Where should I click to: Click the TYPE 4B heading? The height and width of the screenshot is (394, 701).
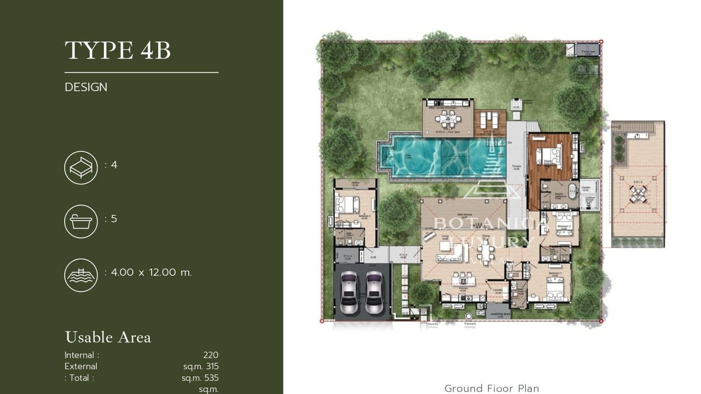(118, 51)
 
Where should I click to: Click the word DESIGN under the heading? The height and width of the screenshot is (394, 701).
(86, 87)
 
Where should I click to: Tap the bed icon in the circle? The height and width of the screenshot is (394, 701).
(81, 168)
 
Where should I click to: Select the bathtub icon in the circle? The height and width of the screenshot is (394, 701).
(81, 222)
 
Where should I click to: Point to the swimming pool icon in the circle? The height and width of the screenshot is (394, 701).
(81, 275)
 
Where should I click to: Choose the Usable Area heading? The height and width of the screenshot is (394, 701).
(108, 338)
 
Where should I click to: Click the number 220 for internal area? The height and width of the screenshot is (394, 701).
(211, 355)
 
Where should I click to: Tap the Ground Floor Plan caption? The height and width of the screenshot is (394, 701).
(492, 388)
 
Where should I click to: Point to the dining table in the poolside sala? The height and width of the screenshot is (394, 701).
(448, 119)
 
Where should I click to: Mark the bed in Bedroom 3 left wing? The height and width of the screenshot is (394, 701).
(347, 203)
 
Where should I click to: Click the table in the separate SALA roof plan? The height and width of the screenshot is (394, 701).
(637, 194)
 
